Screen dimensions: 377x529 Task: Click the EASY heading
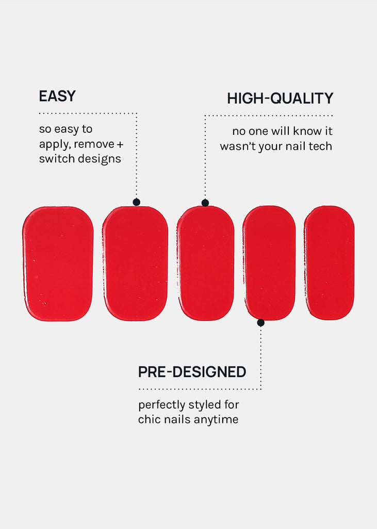57,96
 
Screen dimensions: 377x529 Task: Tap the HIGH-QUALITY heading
280,99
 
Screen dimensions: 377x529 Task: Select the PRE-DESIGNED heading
192,372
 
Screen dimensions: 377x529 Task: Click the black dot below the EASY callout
137,202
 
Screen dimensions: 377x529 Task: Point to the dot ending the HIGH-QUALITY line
205,203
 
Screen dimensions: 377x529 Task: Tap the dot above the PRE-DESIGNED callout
261,322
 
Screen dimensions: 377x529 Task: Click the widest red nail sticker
58,263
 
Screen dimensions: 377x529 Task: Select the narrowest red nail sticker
329,263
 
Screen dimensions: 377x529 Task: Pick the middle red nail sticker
205,263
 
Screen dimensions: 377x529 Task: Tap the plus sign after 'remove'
120,145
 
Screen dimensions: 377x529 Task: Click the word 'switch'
54,159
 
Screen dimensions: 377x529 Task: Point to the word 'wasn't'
235,146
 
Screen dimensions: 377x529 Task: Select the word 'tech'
320,146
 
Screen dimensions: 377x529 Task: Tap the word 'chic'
148,419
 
